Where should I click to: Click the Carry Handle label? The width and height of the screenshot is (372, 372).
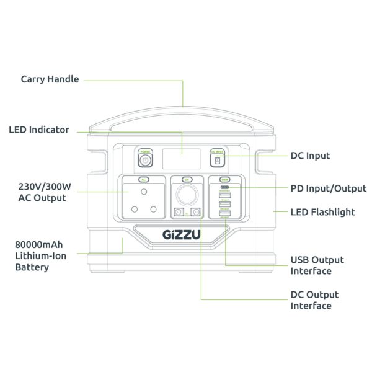pyautogui.click(x=50, y=79)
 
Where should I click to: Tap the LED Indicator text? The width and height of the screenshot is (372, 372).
pyautogui.click(x=38, y=130)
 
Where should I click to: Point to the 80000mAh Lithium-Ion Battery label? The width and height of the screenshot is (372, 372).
pyautogui.click(x=41, y=255)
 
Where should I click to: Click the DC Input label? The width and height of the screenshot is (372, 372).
pyautogui.click(x=310, y=156)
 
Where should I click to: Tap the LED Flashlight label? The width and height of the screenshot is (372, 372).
pyautogui.click(x=322, y=212)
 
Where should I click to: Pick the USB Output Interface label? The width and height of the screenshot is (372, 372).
pyautogui.click(x=317, y=265)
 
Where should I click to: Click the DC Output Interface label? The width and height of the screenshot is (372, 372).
pyautogui.click(x=314, y=300)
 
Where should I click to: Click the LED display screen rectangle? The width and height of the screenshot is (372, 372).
pyautogui.click(x=181, y=159)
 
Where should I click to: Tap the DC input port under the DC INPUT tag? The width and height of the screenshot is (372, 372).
pyautogui.click(x=217, y=161)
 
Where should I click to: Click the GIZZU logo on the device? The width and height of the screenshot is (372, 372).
pyautogui.click(x=180, y=236)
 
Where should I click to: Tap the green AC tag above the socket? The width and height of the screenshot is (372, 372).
pyautogui.click(x=143, y=179)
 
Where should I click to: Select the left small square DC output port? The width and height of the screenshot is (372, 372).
pyautogui.click(x=179, y=213)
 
